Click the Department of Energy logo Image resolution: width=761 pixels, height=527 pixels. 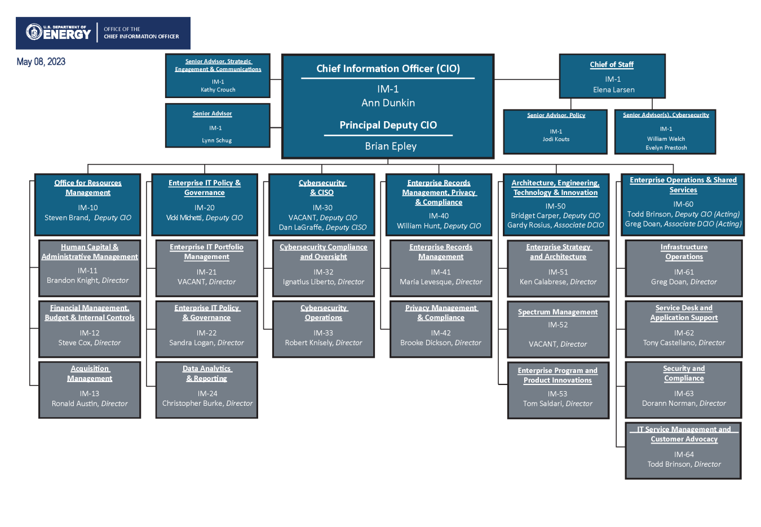tap(59, 33)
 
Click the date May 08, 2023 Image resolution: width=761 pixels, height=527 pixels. tap(41, 62)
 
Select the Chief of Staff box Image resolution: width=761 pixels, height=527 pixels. tap(612, 77)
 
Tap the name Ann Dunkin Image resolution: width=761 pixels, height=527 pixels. tap(388, 103)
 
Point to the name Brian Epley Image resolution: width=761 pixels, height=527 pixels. tap(390, 147)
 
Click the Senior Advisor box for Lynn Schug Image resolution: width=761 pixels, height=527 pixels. tap(218, 126)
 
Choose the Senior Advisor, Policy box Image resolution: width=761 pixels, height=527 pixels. tap(555, 132)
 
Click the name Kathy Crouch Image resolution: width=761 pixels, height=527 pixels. tap(218, 90)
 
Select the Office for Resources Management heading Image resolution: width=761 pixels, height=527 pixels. tap(88, 188)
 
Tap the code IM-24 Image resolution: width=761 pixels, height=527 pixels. tap(207, 393)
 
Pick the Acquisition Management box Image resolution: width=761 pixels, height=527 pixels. tap(90, 389)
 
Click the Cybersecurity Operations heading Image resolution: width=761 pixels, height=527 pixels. tap(324, 313)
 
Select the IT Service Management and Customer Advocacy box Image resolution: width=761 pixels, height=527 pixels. tap(683, 450)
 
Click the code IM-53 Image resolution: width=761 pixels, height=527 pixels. tap(558, 394)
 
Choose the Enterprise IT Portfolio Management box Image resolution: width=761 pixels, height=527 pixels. tap(206, 268)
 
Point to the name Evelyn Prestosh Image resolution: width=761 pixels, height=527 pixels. tap(666, 148)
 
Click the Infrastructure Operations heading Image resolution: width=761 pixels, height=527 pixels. tap(684, 252)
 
